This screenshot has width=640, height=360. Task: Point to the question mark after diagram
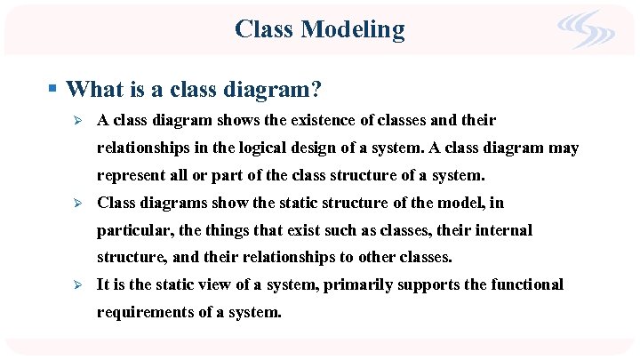316,89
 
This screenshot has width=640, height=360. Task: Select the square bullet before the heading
53,89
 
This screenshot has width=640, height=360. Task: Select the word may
562,148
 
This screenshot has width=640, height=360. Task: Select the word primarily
357,285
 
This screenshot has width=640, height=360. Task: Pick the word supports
430,285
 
